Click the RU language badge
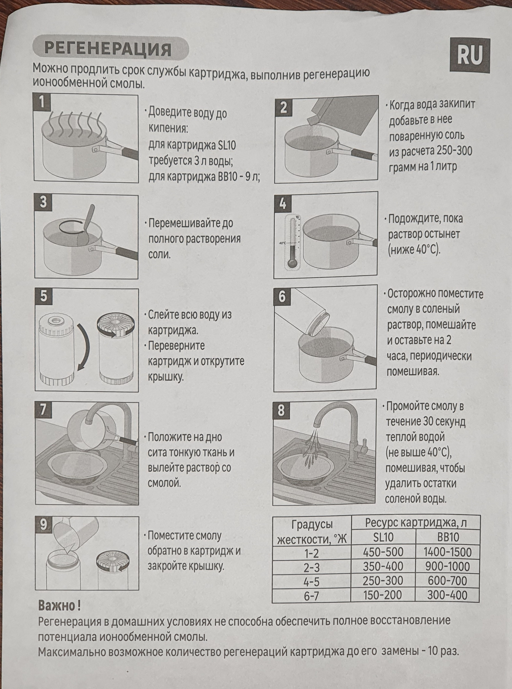coord(470,56)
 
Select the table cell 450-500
coord(383,552)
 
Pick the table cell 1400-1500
coord(447,552)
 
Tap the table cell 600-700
coord(447,580)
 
